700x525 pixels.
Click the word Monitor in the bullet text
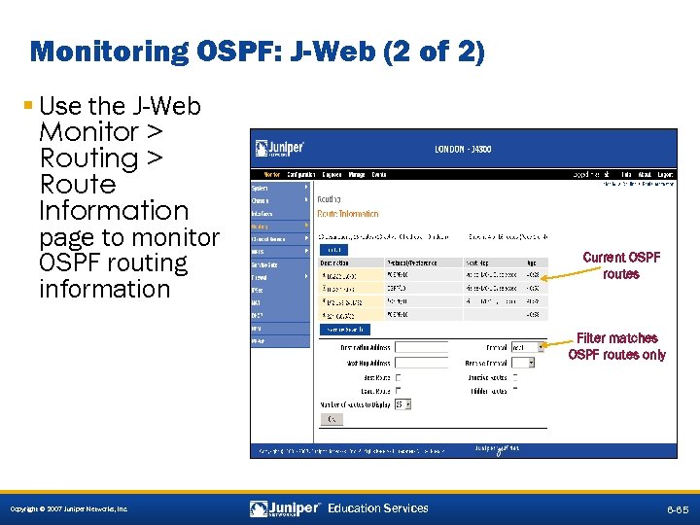[89, 131]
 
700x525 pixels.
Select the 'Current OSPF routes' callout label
[621, 265]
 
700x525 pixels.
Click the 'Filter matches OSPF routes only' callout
[617, 346]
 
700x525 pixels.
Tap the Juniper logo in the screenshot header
[280, 149]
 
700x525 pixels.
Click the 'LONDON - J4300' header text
[462, 150]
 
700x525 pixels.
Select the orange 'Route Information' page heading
[348, 213]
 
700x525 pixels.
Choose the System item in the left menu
[261, 187]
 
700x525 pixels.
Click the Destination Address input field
[420, 347]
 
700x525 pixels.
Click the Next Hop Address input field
[420, 362]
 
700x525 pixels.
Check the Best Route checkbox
[398, 377]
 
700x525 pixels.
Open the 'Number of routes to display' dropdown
[403, 403]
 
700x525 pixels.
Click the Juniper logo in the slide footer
[286, 507]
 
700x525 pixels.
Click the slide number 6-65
[677, 508]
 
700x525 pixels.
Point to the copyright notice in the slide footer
[68, 509]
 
